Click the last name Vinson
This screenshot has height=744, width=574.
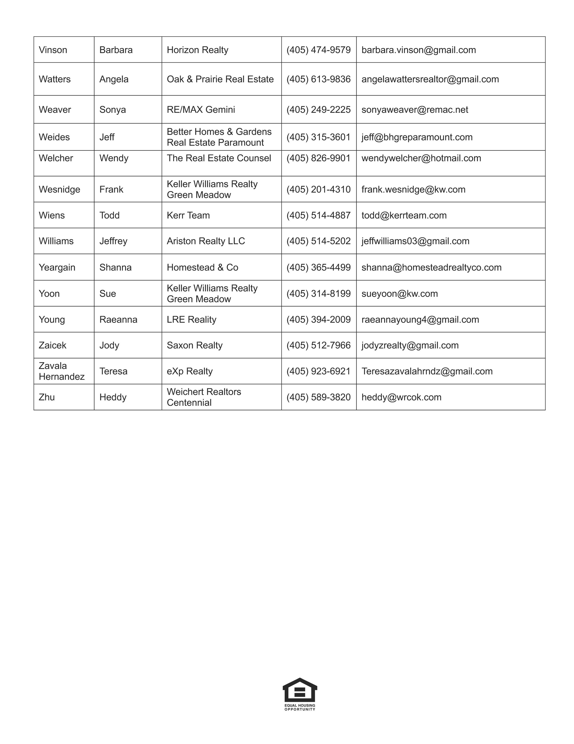tap(53, 50)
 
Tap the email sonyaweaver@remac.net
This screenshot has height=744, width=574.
tap(414, 110)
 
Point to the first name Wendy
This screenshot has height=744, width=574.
tap(114, 158)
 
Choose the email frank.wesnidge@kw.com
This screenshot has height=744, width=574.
tap(413, 189)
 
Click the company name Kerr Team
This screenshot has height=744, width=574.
tap(188, 215)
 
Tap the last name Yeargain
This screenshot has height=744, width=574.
tap(57, 267)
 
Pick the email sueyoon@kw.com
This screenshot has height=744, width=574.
tap(400, 294)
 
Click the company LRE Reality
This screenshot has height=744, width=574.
tap(191, 320)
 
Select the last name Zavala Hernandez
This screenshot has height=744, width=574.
tap(61, 371)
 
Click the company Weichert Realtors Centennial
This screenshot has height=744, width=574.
tap(204, 397)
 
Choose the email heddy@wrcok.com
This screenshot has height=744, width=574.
tap(401, 397)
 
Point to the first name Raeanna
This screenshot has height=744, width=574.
tap(118, 320)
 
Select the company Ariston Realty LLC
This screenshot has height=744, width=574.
tap(206, 241)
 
